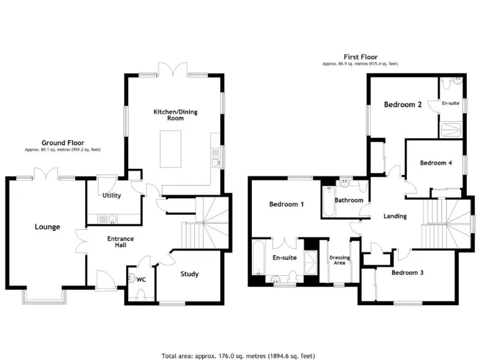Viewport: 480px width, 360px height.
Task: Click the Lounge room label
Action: pos(47,227)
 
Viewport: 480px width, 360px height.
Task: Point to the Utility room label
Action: pos(111,196)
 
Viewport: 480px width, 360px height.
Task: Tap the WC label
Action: pos(141,279)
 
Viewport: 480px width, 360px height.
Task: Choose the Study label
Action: pos(189,274)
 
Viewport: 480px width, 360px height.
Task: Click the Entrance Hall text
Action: pos(121,242)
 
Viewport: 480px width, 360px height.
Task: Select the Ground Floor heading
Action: pos(62,143)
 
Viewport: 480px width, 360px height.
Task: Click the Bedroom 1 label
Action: pos(286,204)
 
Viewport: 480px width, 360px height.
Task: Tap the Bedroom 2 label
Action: pos(402,104)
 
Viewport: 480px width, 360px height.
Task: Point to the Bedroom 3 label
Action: pos(407,272)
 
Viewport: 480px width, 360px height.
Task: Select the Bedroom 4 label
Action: pos(436,163)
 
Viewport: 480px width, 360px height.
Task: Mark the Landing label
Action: pos(395,216)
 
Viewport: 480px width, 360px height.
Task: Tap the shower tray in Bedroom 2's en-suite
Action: pos(452,129)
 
